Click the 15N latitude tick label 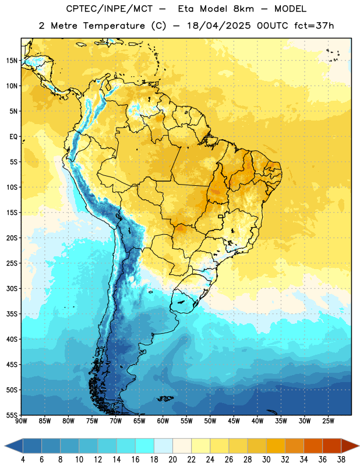(12, 61)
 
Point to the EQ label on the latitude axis (13, 137)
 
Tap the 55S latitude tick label (12, 415)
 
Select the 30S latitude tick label (12, 288)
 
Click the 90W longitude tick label (21, 421)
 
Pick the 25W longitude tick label (328, 421)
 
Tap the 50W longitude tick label (210, 421)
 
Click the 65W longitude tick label (139, 421)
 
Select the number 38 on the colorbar (341, 460)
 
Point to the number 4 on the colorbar (23, 460)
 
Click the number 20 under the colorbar (172, 460)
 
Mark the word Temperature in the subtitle (114, 26)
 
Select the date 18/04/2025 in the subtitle (219, 26)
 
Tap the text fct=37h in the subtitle (314, 26)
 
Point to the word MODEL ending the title (290, 9)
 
